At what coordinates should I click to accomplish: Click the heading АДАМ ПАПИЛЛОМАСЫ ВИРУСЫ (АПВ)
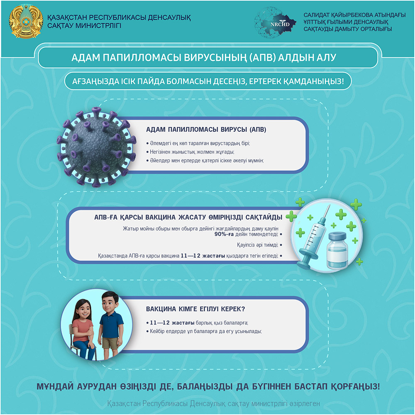tap(206, 129)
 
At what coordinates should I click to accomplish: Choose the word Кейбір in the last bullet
tap(159, 331)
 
